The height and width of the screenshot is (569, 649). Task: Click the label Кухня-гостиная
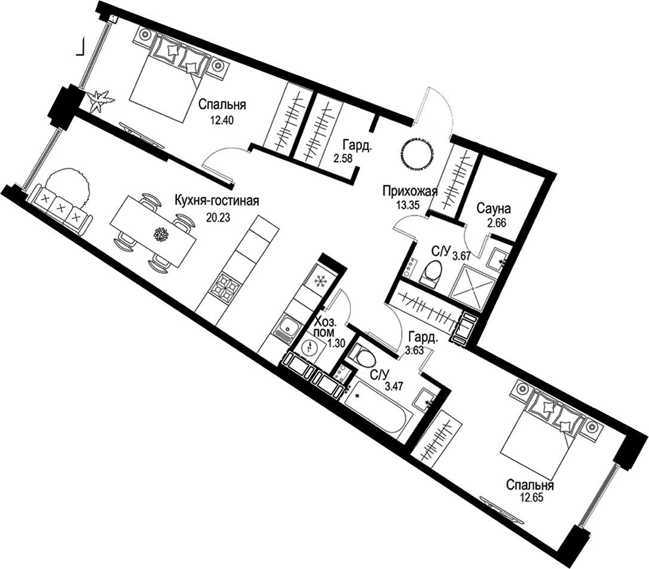coord(216,201)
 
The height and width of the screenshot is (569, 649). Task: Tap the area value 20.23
coord(216,217)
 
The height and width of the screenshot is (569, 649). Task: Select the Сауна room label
coord(493,209)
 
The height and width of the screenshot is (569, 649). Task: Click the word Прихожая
coord(411,192)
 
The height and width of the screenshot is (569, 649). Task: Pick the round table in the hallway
coord(417,152)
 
